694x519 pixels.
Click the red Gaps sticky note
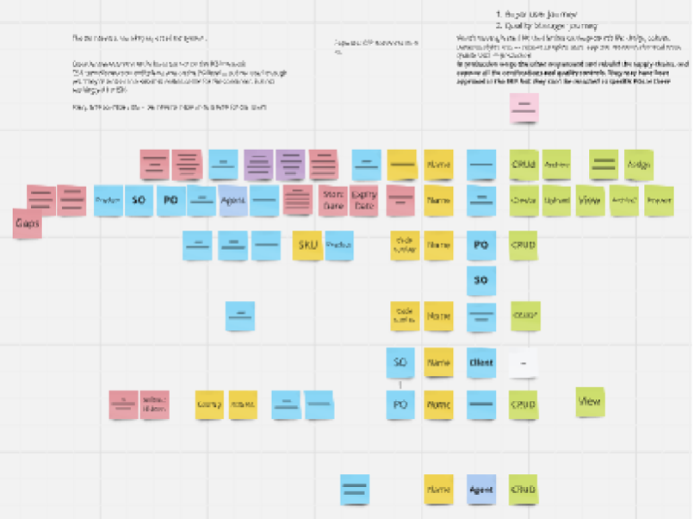[x=28, y=224]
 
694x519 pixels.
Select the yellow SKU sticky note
[x=307, y=246]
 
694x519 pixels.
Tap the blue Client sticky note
[x=481, y=363]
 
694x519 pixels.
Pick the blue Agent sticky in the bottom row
[x=481, y=490]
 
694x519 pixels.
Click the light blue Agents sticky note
[x=232, y=201]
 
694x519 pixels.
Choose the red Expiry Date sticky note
[x=364, y=201]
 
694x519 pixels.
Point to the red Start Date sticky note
[x=333, y=201]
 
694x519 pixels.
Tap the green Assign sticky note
[x=638, y=164]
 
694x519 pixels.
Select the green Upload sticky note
[x=556, y=200]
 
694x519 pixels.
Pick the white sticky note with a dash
[x=524, y=363]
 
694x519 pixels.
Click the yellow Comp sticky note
[x=209, y=404]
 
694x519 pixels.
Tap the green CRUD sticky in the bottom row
[x=524, y=490]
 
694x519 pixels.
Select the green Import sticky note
[x=659, y=200]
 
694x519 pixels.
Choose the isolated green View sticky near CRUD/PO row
[x=591, y=401]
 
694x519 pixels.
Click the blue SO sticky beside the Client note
[x=399, y=363]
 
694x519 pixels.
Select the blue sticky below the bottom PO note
[x=355, y=490]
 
